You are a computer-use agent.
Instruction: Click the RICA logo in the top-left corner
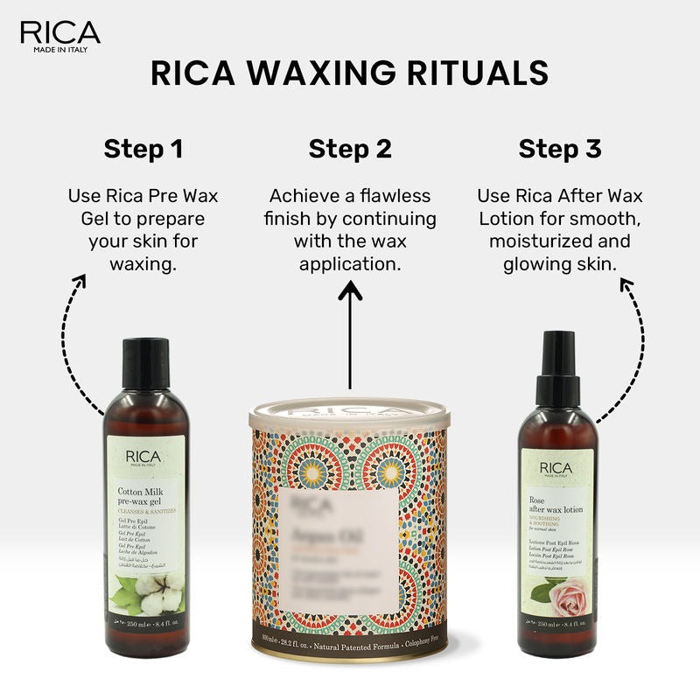[x=59, y=33]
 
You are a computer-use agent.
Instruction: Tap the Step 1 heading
[x=143, y=149]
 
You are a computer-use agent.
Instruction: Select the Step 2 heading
[x=350, y=149]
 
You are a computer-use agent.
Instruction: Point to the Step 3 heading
[x=560, y=149]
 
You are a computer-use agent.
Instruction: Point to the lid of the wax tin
[x=350, y=411]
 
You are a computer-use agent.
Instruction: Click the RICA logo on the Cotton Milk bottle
[x=145, y=456]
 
